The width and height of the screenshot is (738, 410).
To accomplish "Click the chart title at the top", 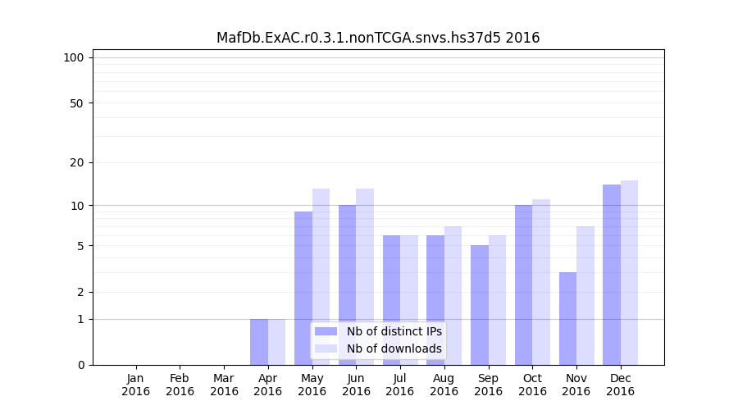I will coord(378,38).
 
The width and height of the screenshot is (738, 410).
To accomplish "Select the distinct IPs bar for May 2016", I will coord(303,288).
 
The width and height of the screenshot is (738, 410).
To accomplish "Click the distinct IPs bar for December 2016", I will coord(612,275).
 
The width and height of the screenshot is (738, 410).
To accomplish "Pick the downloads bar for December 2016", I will coord(629,272).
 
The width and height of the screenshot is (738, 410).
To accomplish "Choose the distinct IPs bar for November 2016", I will coord(567,318).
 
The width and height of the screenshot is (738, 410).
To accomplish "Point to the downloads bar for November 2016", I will coord(585,295).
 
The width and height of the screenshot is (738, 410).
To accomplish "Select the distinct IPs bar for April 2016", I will coord(259,342).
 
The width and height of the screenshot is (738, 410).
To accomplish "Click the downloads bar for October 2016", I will coord(541,282).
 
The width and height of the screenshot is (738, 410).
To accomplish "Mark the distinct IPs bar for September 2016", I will coord(480,305).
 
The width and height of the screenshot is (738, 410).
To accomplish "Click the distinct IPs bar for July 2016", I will coord(391,300).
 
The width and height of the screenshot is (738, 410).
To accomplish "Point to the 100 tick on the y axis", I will coord(74,57).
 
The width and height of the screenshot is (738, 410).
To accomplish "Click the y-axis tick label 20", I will coord(77,162).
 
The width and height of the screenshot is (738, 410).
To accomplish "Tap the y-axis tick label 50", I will coord(77,103).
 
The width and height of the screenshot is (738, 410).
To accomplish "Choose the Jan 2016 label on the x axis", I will coord(136,385).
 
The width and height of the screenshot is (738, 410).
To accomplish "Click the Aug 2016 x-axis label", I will coord(444,385).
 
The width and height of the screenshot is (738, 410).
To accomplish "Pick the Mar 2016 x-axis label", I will coord(224,385).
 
